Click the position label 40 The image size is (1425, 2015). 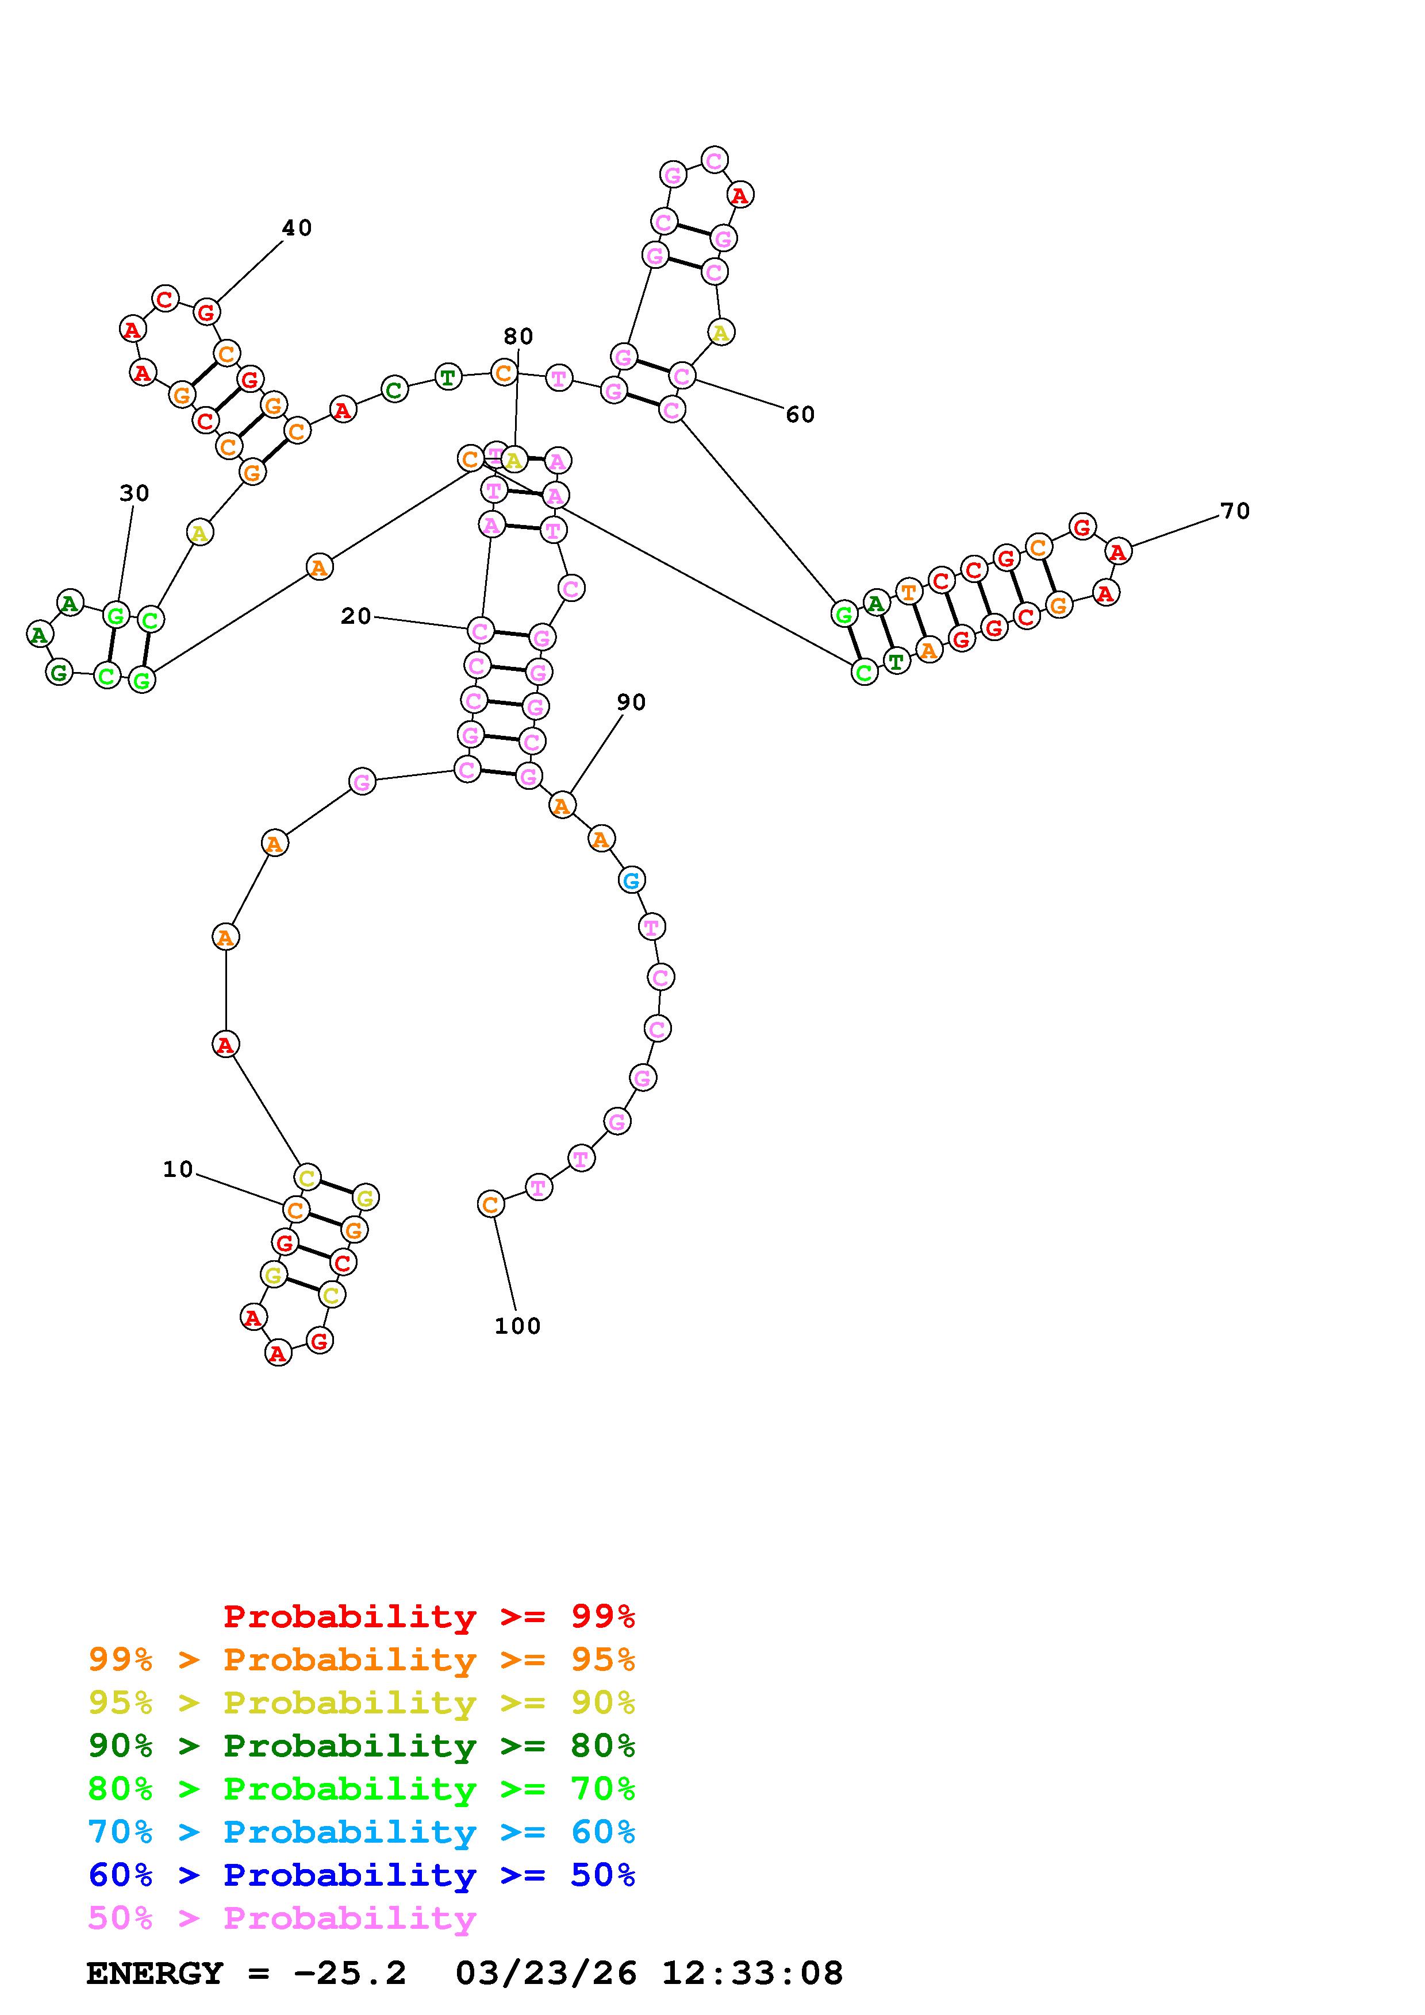[x=297, y=228]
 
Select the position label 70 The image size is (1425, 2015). [x=1235, y=511]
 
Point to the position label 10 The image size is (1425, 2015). [x=178, y=1169]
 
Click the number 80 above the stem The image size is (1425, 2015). [x=518, y=336]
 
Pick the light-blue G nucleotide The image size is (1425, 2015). [x=631, y=879]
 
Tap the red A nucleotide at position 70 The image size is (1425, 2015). [x=1117, y=552]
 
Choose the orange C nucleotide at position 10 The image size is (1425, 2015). [x=296, y=1210]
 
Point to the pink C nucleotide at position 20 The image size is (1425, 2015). [x=480, y=630]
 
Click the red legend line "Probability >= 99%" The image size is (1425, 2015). [x=429, y=1616]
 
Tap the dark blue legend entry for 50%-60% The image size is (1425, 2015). [x=362, y=1875]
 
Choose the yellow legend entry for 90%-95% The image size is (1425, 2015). [x=362, y=1703]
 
